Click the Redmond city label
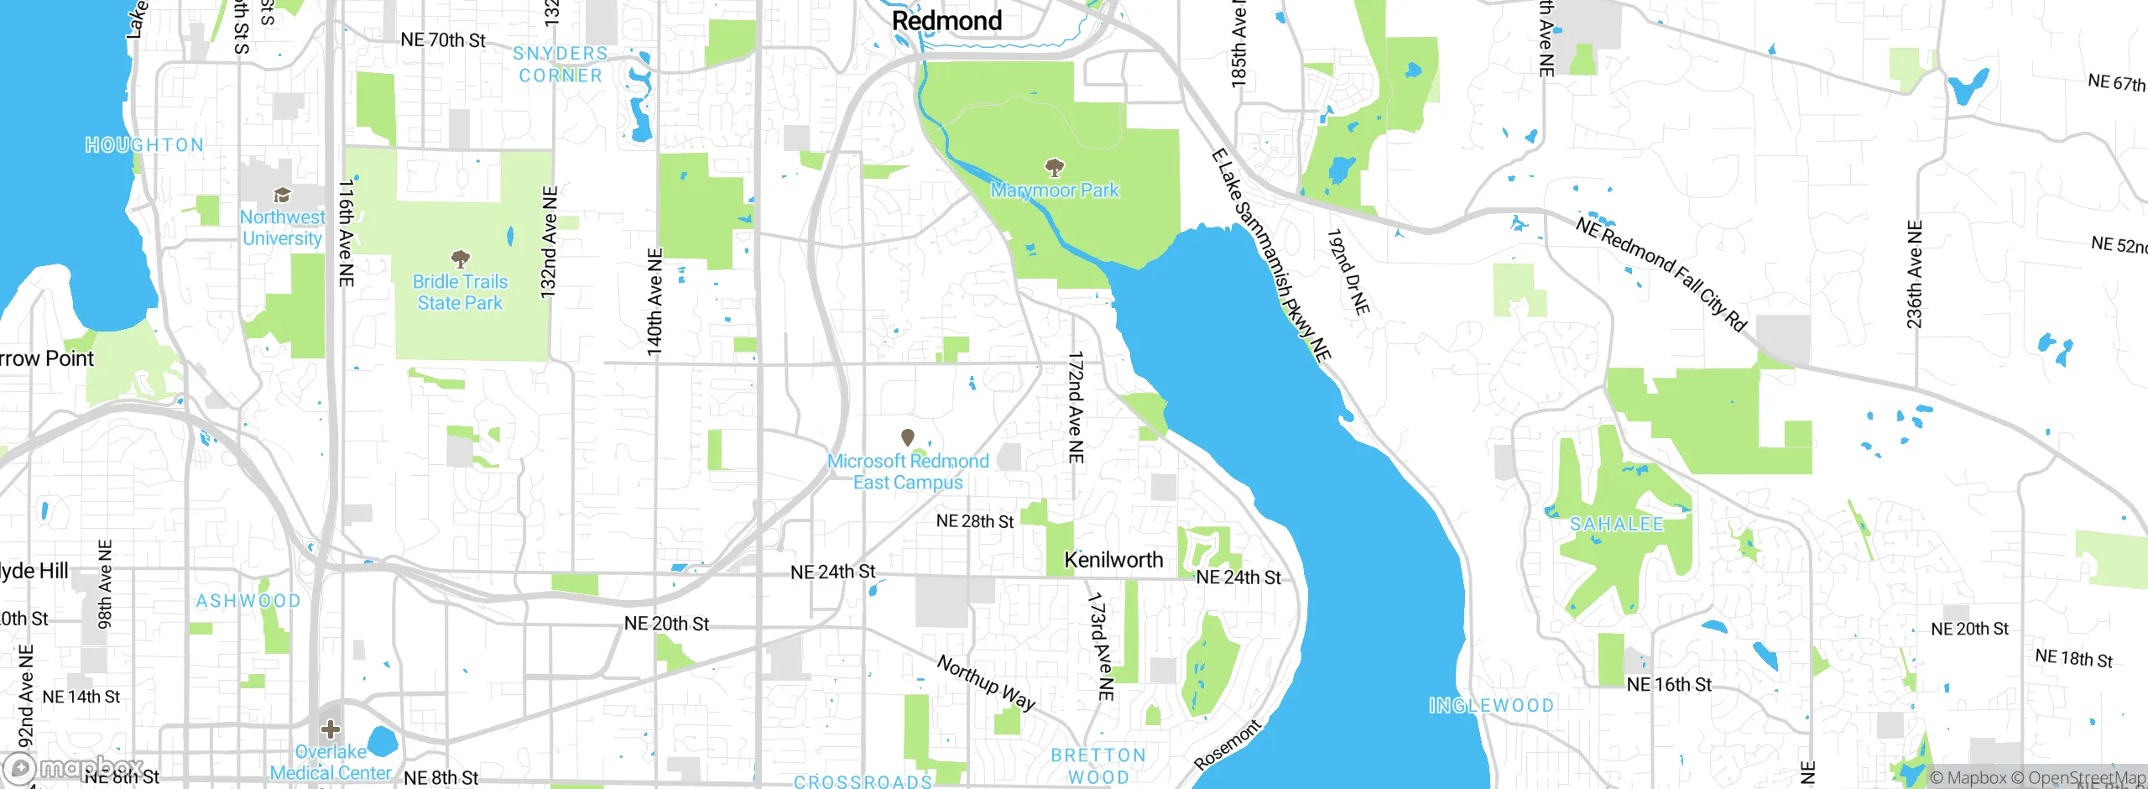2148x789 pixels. [946, 21]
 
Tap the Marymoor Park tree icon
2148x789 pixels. [1054, 167]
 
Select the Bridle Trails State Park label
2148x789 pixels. [460, 292]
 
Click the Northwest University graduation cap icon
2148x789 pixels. [283, 196]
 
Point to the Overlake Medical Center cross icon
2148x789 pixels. [331, 728]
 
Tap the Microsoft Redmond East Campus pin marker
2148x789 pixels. [907, 437]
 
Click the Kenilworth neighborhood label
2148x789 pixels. [1113, 560]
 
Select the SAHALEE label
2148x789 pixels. [1616, 525]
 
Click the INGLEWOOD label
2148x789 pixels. [1491, 706]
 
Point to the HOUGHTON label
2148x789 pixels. [144, 145]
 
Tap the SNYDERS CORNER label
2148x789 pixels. [560, 65]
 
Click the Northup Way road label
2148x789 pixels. [986, 682]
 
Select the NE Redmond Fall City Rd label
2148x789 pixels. [1661, 274]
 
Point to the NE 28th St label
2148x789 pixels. [974, 521]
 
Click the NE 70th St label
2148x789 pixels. [443, 40]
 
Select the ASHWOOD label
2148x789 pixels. [248, 601]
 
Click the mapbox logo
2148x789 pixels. [74, 767]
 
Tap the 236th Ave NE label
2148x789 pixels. [1914, 274]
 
